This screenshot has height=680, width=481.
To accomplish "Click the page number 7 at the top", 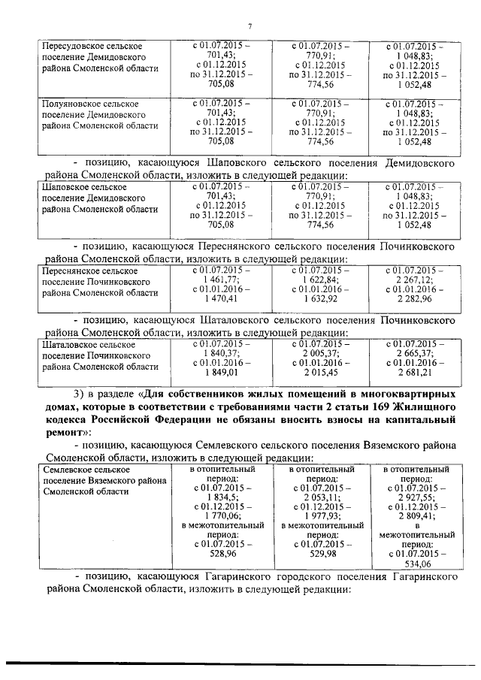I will (x=249, y=28).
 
